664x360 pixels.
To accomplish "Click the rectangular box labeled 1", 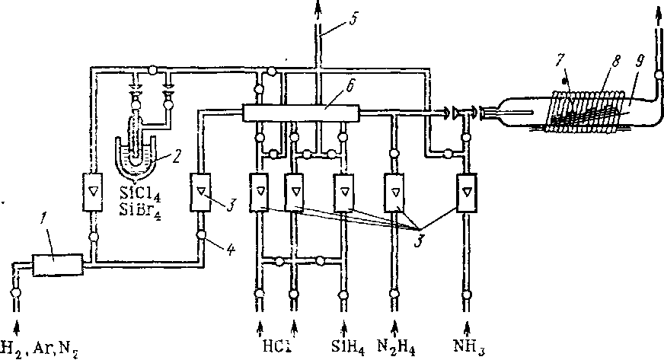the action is coord(58,265).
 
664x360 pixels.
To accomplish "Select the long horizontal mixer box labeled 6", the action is coord(301,113).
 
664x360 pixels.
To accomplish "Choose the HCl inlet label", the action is coord(276,346).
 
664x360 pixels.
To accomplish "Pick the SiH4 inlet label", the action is coord(348,348).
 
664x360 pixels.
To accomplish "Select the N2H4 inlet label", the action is coord(397,348).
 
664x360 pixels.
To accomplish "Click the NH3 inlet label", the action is coord(469,348).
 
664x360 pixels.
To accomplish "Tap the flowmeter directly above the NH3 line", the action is coord(467,193).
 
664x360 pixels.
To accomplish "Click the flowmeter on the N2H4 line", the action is coord(394,193).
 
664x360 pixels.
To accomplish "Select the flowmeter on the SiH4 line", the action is coord(344,193).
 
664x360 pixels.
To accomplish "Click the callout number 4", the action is coord(231,250).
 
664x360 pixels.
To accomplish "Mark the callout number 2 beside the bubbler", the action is coord(177,158).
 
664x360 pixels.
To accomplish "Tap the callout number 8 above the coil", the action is coord(616,62).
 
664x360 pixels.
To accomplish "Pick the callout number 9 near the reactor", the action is coord(639,62).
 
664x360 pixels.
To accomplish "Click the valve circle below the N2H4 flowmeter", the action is coord(394,293).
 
